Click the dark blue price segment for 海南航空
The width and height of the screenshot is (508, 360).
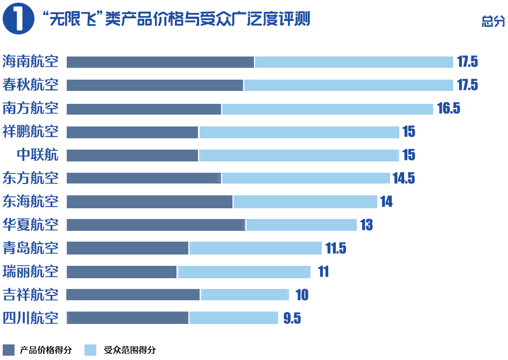point(160,62)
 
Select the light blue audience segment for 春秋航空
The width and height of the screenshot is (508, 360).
point(348,85)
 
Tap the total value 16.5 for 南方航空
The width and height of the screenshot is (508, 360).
point(448,109)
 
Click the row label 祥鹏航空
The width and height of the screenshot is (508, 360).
point(31,132)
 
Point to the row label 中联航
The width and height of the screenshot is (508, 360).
point(38,155)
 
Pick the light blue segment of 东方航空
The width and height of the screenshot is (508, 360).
point(306,178)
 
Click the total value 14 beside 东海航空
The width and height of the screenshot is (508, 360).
point(386,202)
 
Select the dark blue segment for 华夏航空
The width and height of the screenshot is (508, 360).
point(156,225)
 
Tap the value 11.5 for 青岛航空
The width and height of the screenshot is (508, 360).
point(335,248)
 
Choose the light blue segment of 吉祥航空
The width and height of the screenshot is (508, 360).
point(244,294)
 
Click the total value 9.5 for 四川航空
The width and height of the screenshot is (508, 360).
point(292,318)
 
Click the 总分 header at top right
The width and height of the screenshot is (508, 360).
point(493,22)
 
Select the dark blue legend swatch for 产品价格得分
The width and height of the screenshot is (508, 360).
point(9,350)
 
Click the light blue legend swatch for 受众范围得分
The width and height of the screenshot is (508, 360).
point(91,350)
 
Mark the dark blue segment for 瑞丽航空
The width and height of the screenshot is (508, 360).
point(122,271)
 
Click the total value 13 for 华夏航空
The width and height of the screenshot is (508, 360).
point(366,225)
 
